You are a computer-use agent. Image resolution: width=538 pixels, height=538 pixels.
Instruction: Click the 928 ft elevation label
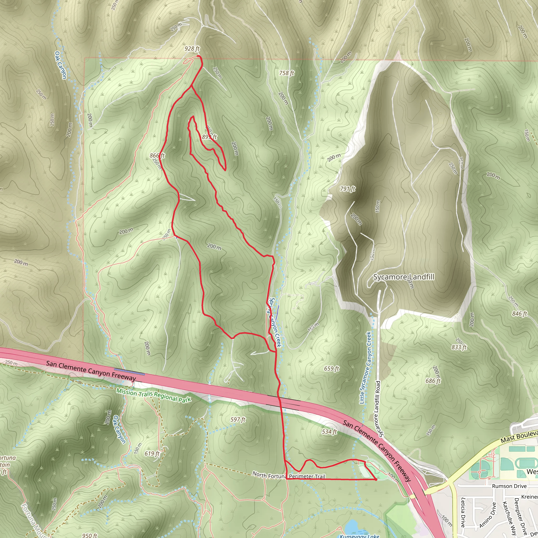pos(192,49)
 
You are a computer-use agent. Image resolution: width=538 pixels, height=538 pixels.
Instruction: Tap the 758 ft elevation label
pos(287,73)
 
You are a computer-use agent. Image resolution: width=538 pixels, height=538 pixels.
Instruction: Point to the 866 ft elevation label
pos(157,156)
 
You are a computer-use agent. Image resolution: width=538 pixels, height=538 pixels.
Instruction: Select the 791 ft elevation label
pos(348,189)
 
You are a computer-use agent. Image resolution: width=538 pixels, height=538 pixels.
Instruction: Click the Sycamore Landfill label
pos(403,277)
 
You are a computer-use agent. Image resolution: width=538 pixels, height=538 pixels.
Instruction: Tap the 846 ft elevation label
pos(519,314)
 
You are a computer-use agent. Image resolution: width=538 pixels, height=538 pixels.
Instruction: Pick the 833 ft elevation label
pos(459,348)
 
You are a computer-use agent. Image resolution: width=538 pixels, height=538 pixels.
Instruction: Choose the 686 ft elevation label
pos(433,381)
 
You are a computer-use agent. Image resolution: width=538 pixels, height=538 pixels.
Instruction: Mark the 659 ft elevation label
pos(331,369)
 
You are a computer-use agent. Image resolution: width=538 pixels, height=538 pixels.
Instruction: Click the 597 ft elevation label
pos(238,420)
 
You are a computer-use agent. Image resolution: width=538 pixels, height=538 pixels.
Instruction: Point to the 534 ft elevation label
pos(329,432)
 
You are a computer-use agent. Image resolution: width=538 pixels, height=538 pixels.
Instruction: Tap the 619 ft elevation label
pos(152,454)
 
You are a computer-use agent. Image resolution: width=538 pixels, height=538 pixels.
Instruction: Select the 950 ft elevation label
pos(90,535)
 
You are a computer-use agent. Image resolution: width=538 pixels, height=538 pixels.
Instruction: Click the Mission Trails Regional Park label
pos(154,395)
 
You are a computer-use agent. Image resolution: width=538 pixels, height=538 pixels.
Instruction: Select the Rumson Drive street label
pos(509,486)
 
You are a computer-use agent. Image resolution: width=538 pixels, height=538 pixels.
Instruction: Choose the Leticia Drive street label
pos(463,512)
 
